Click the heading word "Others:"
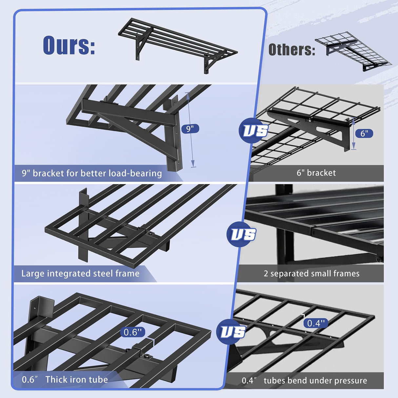pos(292,50)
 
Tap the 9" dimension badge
pos(190,129)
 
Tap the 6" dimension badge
pos(364,133)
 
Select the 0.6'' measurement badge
pos(133,332)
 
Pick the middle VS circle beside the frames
pos(242,234)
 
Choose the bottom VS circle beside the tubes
pos(232,332)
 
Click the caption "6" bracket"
pos(316,173)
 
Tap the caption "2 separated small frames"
pos(311,273)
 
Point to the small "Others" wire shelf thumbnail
pos(353,51)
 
